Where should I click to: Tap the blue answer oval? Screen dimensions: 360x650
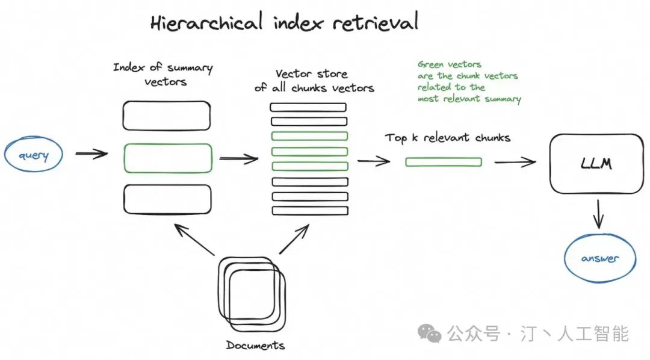tap(599, 258)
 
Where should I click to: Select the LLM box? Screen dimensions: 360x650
tap(596, 163)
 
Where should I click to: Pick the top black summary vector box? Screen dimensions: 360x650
tap(167, 116)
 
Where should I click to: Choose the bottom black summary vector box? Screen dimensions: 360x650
tap(167, 199)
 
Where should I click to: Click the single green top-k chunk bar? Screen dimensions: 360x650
tap(443, 161)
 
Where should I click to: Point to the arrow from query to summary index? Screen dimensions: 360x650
tap(91, 154)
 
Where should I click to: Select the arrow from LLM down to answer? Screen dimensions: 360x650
tap(598, 214)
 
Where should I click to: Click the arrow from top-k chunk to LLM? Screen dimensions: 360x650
tap(515, 161)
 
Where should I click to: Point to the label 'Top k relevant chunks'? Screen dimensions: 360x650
tap(448, 138)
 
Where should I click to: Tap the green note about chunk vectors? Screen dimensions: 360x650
tap(469, 81)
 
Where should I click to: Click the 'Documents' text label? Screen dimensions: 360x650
tap(255, 346)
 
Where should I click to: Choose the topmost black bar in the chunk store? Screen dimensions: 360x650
tap(308, 107)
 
